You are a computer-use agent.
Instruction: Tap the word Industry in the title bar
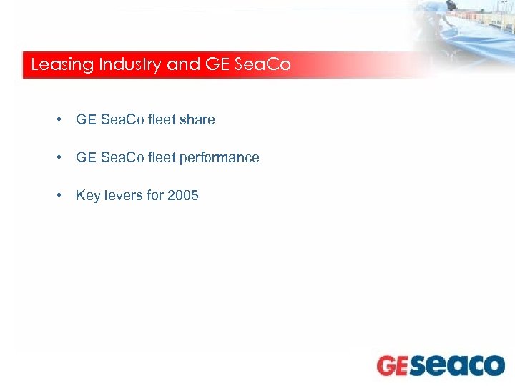click(x=130, y=65)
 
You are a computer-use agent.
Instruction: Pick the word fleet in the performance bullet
click(x=162, y=157)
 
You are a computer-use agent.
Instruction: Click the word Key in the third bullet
click(x=88, y=195)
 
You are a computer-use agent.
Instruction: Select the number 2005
click(x=183, y=195)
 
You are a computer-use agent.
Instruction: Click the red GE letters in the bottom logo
click(x=393, y=365)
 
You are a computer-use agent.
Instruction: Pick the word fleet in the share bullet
click(x=162, y=119)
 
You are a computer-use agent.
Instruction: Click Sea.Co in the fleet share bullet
click(x=122, y=119)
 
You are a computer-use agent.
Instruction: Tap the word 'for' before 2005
click(x=155, y=195)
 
